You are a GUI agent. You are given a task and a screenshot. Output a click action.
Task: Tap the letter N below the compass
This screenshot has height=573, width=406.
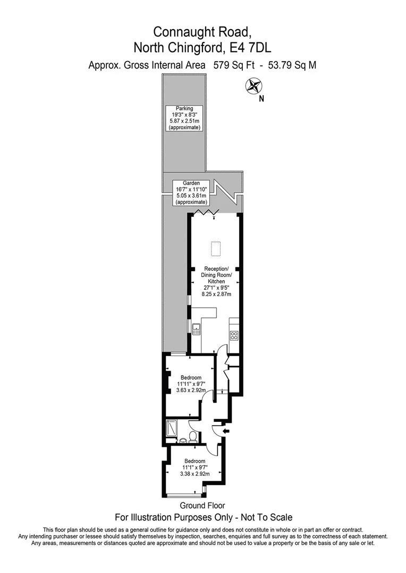(x=261, y=98)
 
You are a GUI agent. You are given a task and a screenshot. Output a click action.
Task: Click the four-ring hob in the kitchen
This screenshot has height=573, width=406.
(x=233, y=335)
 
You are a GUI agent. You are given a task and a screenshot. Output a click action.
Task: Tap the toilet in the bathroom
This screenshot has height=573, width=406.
(x=193, y=437)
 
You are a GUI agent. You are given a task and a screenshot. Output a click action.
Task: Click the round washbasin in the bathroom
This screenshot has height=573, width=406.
(x=183, y=440)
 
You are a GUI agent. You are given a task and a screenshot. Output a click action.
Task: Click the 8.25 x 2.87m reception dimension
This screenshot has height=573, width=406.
(x=215, y=292)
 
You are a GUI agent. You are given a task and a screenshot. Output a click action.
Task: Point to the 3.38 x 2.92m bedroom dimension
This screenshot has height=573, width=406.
(x=193, y=474)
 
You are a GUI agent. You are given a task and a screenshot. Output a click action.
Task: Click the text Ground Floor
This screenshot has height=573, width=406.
(x=202, y=506)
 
